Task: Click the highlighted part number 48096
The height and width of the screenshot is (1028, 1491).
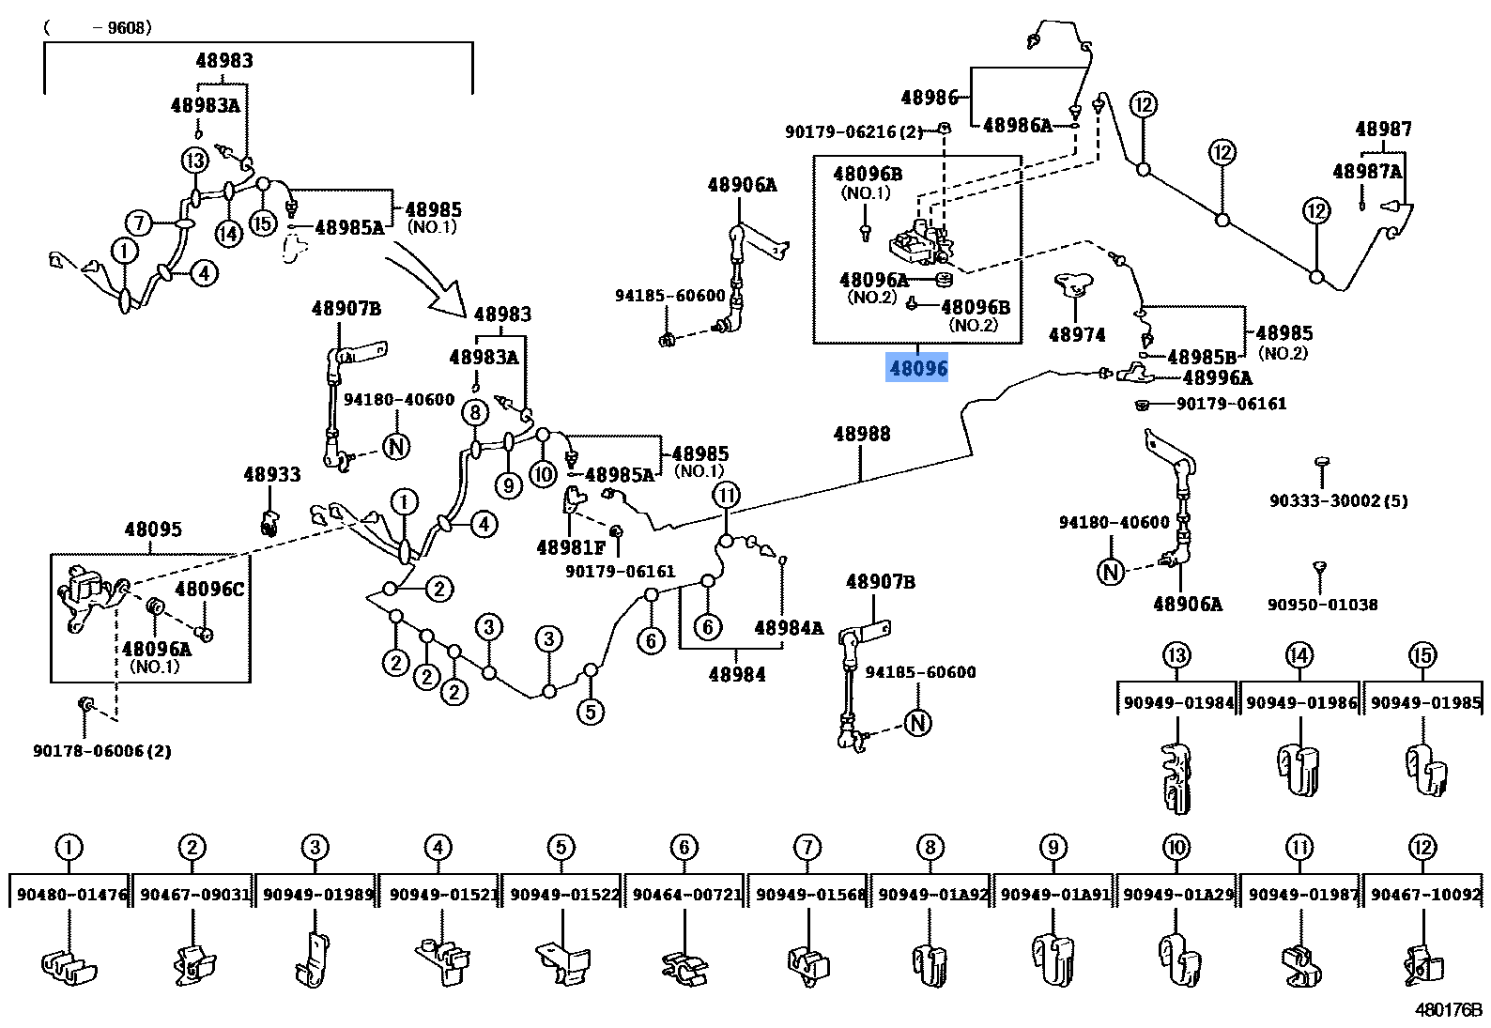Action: coord(917,369)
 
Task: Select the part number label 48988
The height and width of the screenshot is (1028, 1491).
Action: coord(861,434)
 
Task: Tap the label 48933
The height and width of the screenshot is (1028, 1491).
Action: coord(271,474)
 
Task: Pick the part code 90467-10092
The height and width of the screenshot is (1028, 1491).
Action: coord(1425,895)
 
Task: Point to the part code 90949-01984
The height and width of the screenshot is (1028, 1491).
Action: coord(1178,702)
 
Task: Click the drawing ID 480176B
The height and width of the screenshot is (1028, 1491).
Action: coord(1448,1010)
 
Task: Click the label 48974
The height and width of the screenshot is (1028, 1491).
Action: coord(1076,334)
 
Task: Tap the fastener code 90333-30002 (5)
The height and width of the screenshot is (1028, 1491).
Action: coord(1338,500)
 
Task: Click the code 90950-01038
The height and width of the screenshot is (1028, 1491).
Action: coord(1322,605)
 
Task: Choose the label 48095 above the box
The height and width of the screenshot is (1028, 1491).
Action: coord(152,529)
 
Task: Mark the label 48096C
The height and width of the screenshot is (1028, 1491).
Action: coord(209,589)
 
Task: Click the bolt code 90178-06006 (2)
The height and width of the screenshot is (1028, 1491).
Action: coord(101,751)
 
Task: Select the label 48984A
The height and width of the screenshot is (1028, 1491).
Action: coord(788,628)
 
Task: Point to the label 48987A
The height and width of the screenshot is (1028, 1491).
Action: coord(1366,171)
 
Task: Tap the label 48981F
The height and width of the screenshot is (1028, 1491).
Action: coord(570,547)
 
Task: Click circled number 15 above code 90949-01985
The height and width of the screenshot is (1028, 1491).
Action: coord(1422,655)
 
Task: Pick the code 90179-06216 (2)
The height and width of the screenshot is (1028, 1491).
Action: coord(853,132)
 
